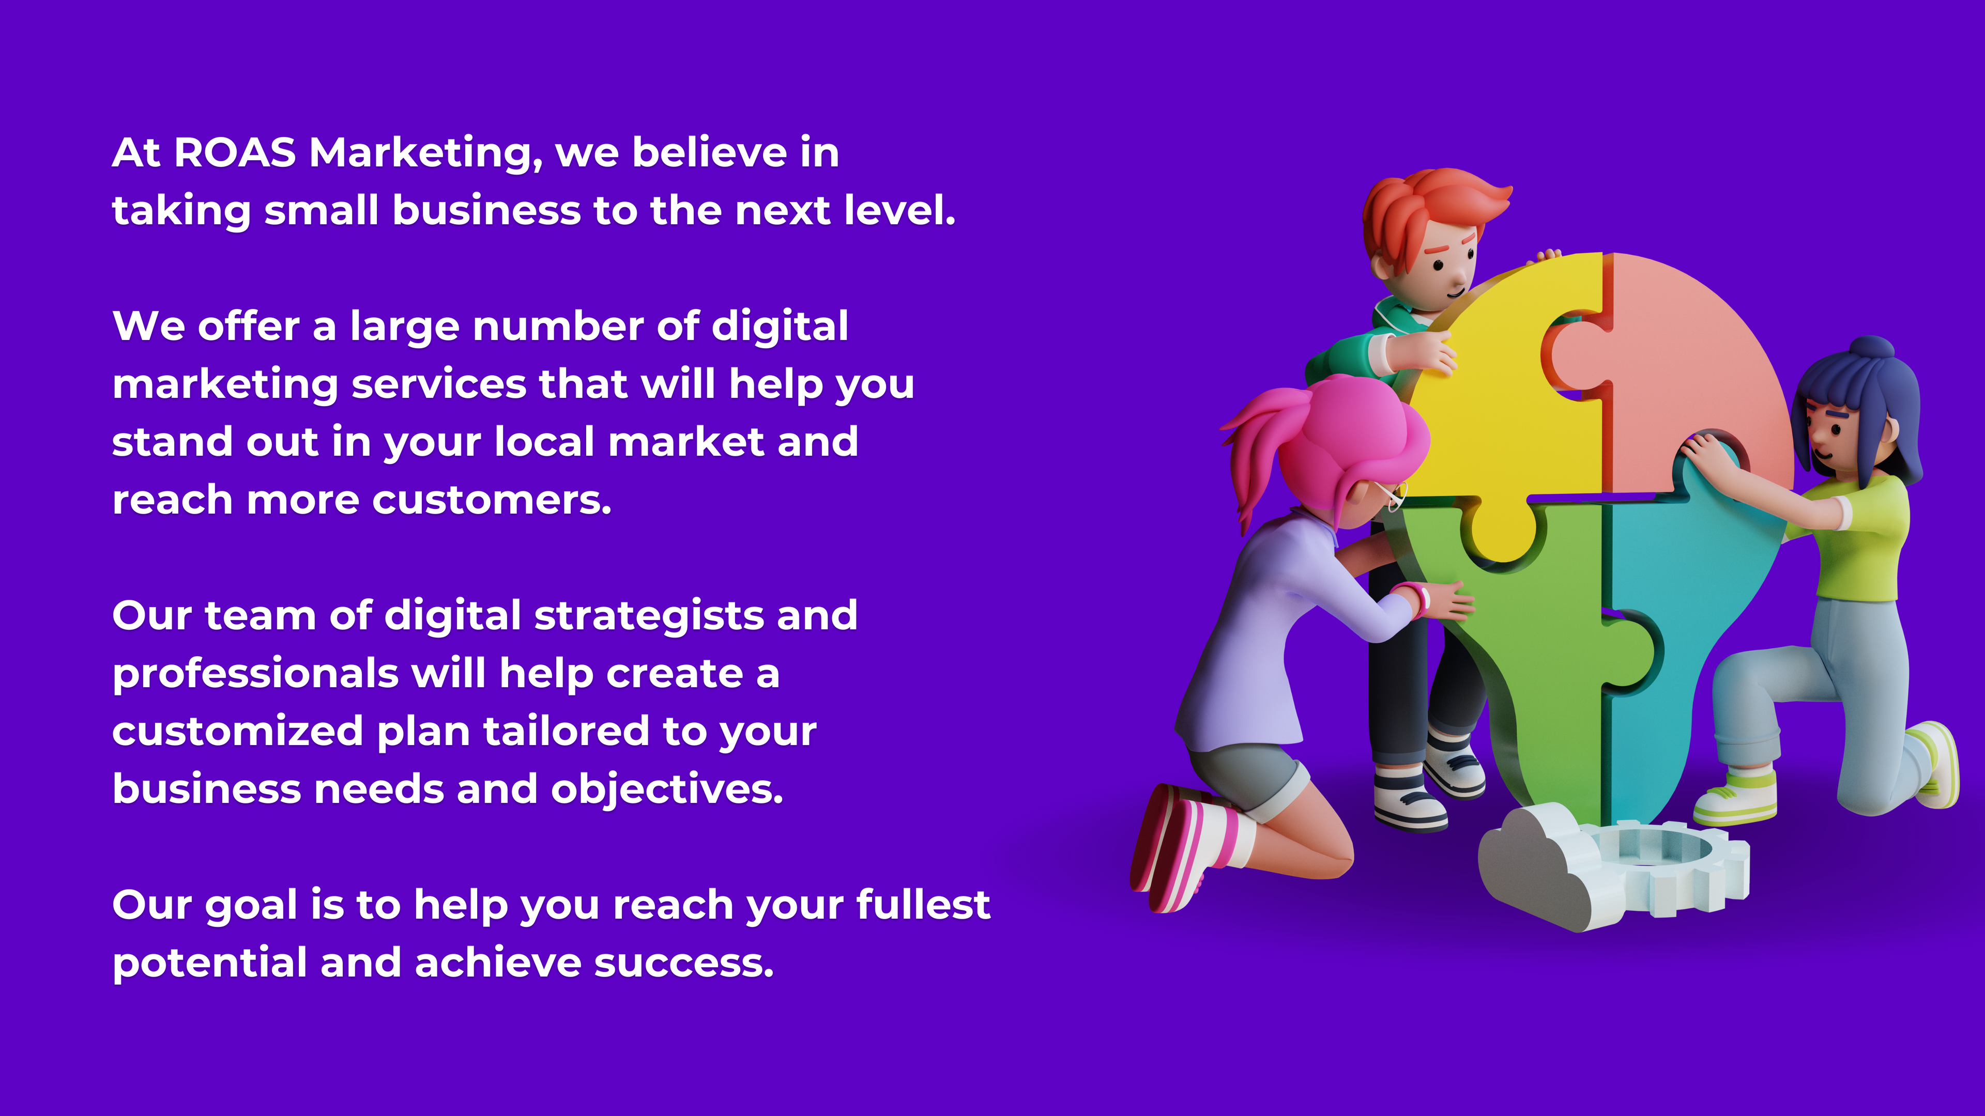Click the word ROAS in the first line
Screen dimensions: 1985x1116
pos(235,152)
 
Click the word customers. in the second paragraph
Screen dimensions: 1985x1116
pos(493,501)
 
